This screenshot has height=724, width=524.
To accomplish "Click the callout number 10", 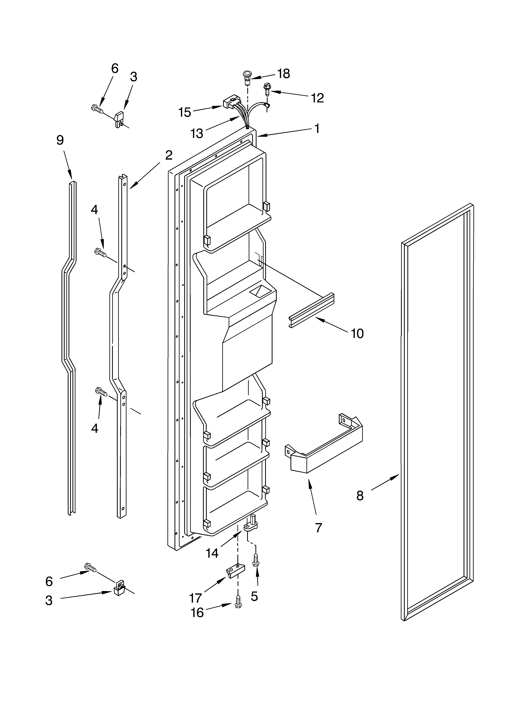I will (357, 334).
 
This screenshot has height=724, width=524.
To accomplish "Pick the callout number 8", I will (360, 496).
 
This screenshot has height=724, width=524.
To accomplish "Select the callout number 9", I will (60, 140).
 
